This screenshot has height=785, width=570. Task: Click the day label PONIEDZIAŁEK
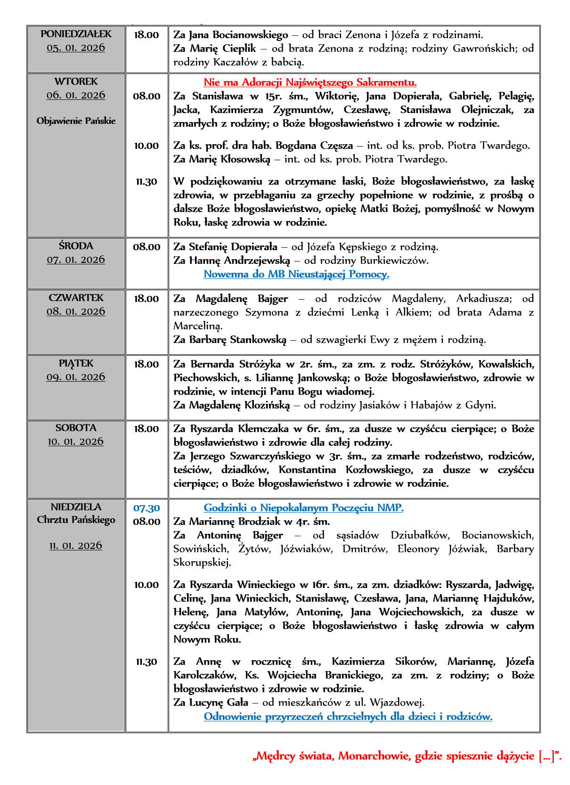click(x=76, y=34)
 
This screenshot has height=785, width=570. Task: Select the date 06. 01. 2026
click(x=76, y=95)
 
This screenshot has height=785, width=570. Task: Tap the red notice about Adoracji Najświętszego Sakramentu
click(x=310, y=82)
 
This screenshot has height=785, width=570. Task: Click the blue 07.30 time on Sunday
click(x=147, y=508)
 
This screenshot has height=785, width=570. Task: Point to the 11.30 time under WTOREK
click(x=147, y=182)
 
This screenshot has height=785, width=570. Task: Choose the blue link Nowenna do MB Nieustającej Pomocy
click(x=296, y=274)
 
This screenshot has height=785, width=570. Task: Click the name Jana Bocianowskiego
click(x=238, y=35)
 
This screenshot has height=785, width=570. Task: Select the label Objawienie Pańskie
click(x=76, y=121)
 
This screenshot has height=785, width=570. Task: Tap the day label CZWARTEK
click(x=76, y=298)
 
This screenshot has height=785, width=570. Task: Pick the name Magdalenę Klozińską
click(x=239, y=405)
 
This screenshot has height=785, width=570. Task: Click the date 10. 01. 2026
click(x=76, y=442)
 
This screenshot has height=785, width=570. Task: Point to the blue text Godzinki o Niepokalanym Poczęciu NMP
click(x=303, y=508)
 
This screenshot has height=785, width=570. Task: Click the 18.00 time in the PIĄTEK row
click(x=147, y=364)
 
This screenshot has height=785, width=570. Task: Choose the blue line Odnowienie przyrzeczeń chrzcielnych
click(x=348, y=717)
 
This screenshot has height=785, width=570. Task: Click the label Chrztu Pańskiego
click(x=76, y=520)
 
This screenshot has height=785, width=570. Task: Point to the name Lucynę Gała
click(x=219, y=703)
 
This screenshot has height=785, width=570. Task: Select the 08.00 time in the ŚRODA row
click(x=147, y=247)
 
